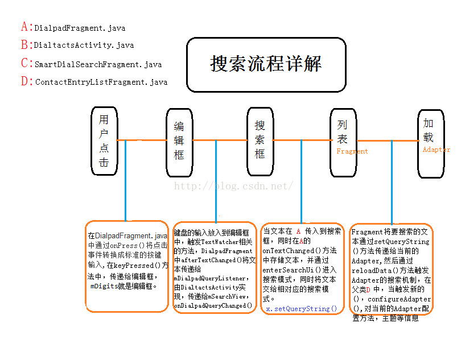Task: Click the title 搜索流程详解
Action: pyautogui.click(x=266, y=64)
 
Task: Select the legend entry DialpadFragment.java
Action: pyautogui.click(x=80, y=28)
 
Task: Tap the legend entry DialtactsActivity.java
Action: pyautogui.click(x=84, y=45)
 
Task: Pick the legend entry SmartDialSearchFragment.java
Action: pyautogui.click(x=98, y=64)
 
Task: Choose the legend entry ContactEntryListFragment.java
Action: pyautogui.click(x=101, y=82)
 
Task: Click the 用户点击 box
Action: pyautogui.click(x=104, y=140)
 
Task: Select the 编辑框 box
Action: pyautogui.click(x=179, y=140)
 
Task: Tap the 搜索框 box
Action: pyautogui.click(x=260, y=139)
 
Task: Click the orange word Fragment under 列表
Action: pyautogui.click(x=352, y=151)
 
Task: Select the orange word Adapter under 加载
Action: pyautogui.click(x=436, y=150)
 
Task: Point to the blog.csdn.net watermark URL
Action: pyautogui.click(x=233, y=186)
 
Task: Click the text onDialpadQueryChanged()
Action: pyautogui.click(x=213, y=306)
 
